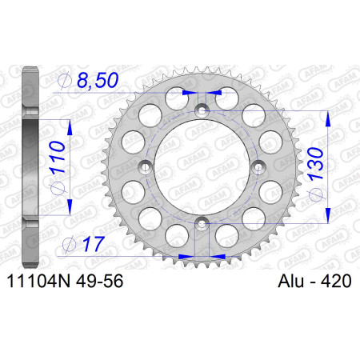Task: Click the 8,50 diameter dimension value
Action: point(98,80)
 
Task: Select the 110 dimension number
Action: point(58,157)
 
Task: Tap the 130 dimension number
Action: point(315,163)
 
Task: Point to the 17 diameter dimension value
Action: point(94,244)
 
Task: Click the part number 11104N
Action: point(39,281)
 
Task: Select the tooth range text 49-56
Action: point(99,281)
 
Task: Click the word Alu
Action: point(290,281)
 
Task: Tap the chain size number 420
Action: point(336,281)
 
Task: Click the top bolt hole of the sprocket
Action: point(202,110)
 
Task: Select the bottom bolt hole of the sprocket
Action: point(202,223)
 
